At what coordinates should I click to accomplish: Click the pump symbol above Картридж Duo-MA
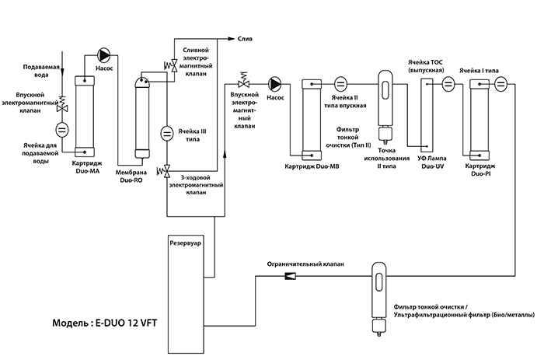(x=103, y=55)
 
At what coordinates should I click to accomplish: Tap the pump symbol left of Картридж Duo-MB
(x=274, y=84)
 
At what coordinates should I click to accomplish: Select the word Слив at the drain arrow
(x=245, y=39)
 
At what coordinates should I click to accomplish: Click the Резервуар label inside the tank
(x=185, y=243)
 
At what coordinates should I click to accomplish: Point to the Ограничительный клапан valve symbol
(x=290, y=276)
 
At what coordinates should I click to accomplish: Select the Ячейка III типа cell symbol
(x=167, y=134)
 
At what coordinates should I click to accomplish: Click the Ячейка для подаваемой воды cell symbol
(x=62, y=130)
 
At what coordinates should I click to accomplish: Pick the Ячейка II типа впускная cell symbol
(x=340, y=84)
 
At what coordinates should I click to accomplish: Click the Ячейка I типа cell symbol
(x=500, y=84)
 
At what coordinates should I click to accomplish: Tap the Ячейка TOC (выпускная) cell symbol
(x=448, y=84)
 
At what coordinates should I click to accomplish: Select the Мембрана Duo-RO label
(x=131, y=177)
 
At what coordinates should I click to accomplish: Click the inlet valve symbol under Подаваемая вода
(x=62, y=105)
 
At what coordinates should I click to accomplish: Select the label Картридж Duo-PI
(x=480, y=170)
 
